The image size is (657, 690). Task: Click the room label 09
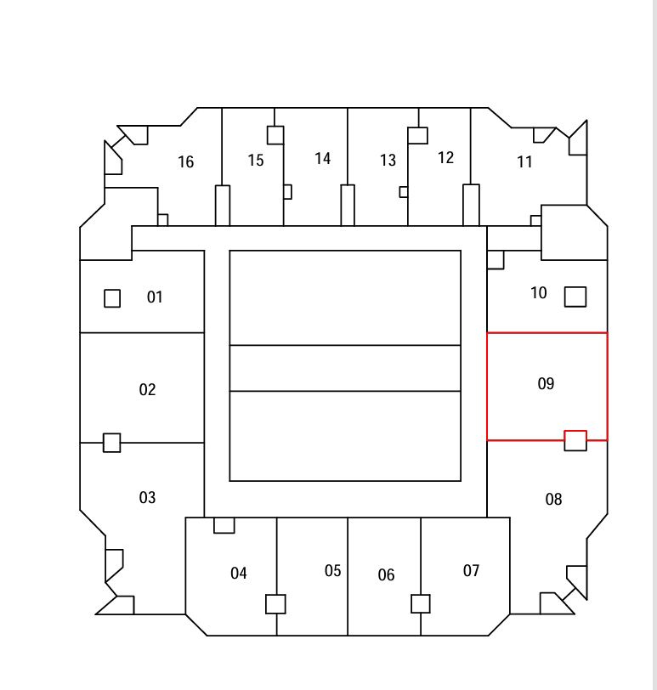(x=546, y=384)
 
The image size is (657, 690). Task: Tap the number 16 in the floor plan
(x=185, y=162)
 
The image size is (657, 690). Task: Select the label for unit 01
(x=155, y=297)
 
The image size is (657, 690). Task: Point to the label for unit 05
(x=332, y=571)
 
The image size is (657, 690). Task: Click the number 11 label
(x=524, y=162)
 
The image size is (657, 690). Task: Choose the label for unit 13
(x=388, y=160)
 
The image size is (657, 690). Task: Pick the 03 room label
(x=147, y=498)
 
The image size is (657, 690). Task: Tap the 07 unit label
(x=471, y=571)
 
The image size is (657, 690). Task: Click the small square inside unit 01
(x=112, y=298)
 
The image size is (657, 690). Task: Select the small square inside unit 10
(x=575, y=297)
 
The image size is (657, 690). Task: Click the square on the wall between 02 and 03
(x=112, y=443)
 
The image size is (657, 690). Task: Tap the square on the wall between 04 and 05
(x=275, y=603)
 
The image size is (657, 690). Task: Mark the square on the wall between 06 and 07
(x=421, y=603)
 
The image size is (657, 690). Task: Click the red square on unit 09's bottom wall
(x=575, y=440)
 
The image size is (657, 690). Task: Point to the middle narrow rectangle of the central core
(x=345, y=368)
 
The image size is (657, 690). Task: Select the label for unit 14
(x=323, y=158)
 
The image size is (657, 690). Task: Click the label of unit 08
(x=553, y=500)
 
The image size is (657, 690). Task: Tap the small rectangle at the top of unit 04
(x=224, y=525)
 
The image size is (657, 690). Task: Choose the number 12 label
(x=445, y=157)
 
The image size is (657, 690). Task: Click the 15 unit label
(x=256, y=160)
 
